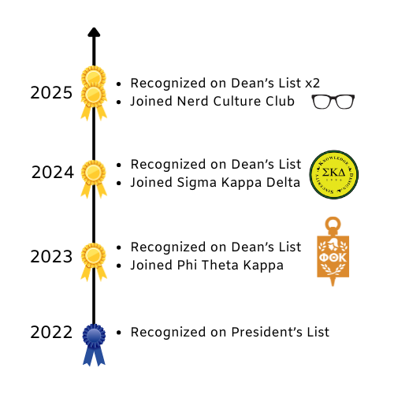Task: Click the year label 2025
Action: click(51, 93)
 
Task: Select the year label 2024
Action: click(53, 173)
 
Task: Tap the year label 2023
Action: click(51, 257)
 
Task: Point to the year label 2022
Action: click(51, 333)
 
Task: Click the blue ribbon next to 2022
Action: click(94, 345)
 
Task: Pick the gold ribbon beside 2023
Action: click(94, 262)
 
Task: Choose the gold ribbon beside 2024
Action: click(94, 179)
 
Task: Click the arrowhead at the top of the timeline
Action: click(94, 32)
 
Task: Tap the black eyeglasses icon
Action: click(333, 102)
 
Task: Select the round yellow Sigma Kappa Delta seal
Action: click(334, 175)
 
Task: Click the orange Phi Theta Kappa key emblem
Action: click(333, 251)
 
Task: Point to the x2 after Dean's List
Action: click(313, 84)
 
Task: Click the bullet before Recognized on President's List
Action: click(119, 333)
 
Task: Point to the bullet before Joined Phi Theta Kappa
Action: click(119, 266)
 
